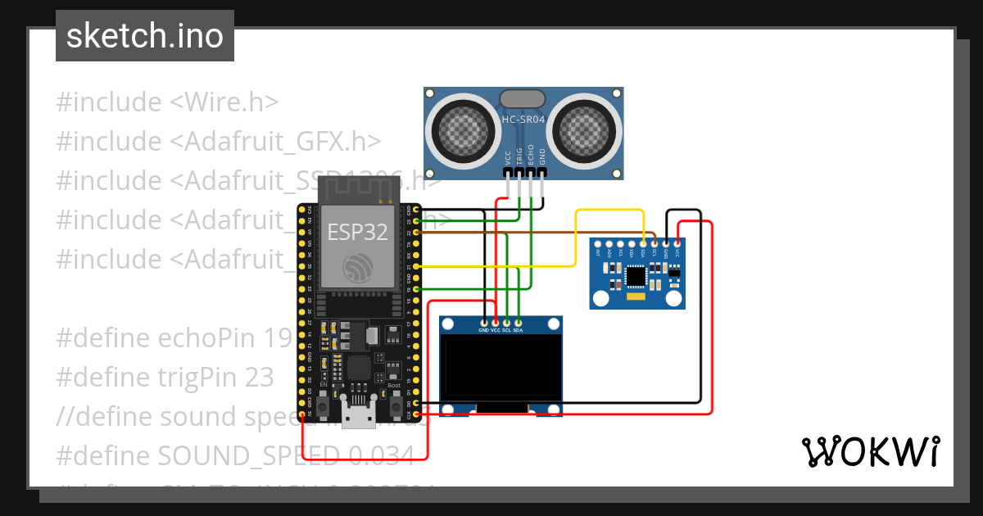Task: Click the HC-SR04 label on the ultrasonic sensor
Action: point(523,120)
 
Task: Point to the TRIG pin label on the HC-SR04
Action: point(519,156)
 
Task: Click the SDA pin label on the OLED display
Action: point(518,330)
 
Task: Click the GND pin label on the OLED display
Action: point(483,330)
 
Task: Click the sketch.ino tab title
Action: point(145,36)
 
